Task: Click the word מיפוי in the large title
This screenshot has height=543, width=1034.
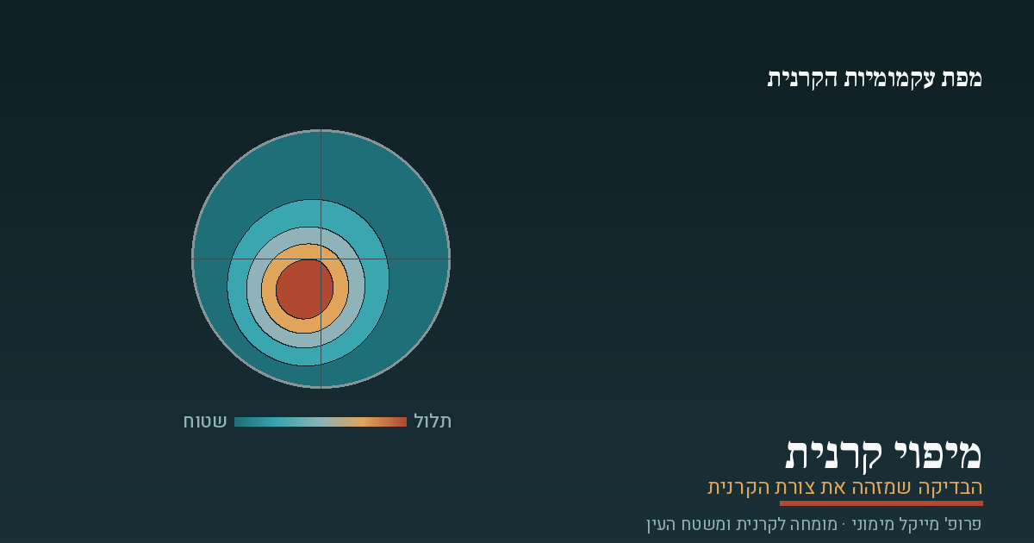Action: click(x=931, y=456)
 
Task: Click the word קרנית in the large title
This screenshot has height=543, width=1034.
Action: click(x=826, y=456)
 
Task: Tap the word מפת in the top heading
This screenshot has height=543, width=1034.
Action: click(x=962, y=78)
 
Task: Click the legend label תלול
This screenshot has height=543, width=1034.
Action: click(x=433, y=421)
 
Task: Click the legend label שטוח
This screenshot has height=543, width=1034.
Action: click(x=205, y=421)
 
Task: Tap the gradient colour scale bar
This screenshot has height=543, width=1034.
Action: click(x=321, y=421)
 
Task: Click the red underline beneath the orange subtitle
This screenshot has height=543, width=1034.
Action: click(x=881, y=503)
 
